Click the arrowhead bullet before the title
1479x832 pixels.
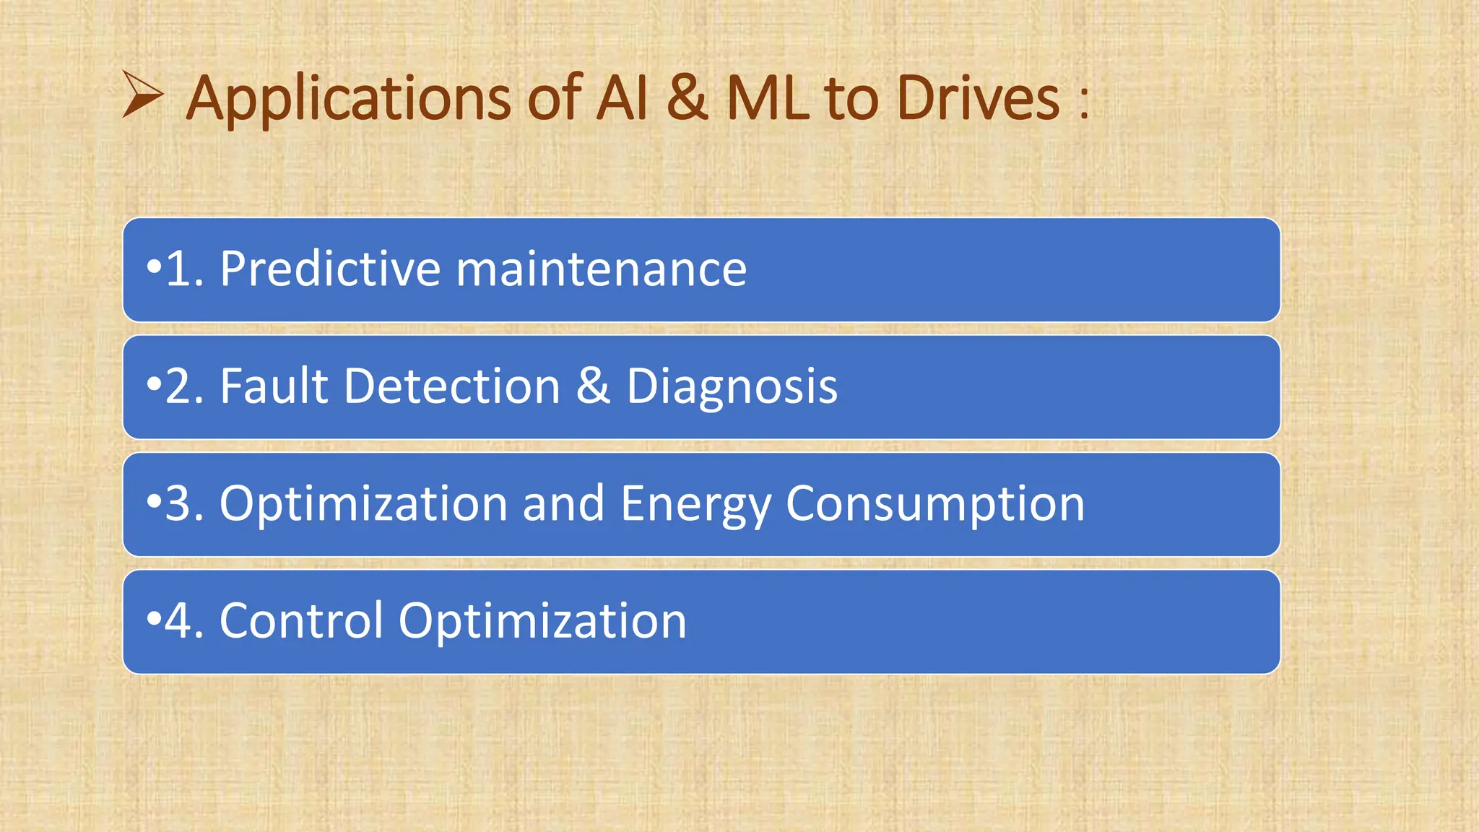142,95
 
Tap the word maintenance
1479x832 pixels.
602,269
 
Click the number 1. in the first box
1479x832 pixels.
184,269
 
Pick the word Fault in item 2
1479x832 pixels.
274,386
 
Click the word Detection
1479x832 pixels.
452,386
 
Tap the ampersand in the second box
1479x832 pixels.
593,386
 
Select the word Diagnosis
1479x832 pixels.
732,386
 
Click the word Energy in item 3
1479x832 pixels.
695,504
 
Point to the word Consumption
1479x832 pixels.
935,504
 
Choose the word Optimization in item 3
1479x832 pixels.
363,504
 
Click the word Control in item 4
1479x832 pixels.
300,620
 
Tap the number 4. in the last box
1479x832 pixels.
184,620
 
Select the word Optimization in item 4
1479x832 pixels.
542,622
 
